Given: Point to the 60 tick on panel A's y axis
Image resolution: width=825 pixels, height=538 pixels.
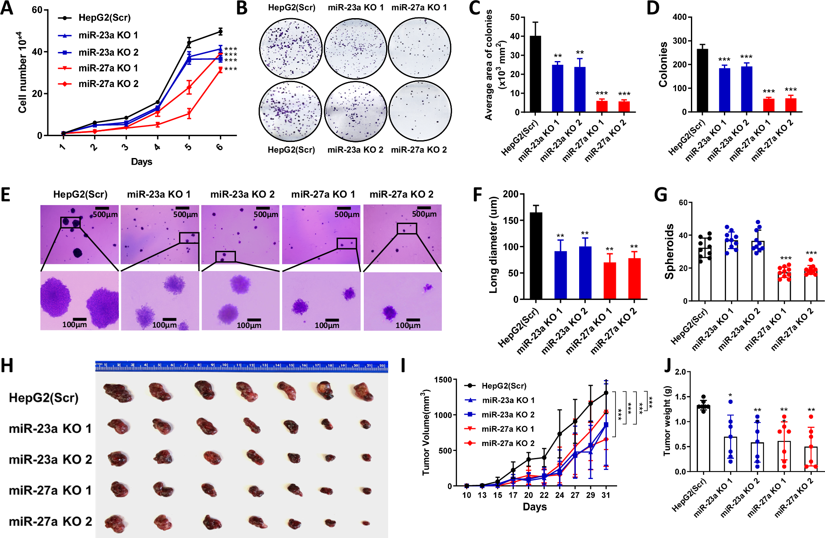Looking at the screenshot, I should [x=37, y=10].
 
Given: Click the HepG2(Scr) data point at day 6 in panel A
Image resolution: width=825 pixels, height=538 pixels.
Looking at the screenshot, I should [x=221, y=31].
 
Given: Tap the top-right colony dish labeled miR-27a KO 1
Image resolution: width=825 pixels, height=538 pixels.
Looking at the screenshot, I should [x=419, y=49].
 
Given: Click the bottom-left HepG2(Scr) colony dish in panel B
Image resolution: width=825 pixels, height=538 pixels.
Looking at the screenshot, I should [x=290, y=111].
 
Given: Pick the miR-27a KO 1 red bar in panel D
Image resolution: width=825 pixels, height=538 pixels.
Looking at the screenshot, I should [x=768, y=105].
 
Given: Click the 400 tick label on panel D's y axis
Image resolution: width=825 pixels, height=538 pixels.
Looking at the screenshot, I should [x=679, y=17].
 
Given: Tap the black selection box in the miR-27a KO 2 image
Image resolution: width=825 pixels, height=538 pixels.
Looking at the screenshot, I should [x=407, y=228].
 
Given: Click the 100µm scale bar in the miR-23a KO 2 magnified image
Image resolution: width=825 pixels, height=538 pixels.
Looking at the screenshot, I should [x=254, y=320].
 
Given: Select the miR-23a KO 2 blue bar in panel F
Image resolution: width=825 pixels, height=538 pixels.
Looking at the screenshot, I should [x=585, y=272].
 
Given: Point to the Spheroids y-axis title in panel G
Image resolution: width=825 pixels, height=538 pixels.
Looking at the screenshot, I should [x=669, y=251].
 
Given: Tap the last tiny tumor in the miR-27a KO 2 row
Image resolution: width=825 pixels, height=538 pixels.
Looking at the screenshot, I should [x=366, y=523].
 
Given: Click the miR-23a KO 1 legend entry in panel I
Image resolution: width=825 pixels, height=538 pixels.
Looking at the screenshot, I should [x=508, y=400].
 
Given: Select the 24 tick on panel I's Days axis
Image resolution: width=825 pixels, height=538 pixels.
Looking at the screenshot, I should [x=559, y=495].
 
